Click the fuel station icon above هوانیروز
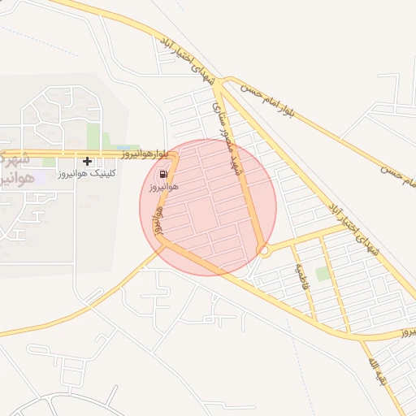pyautogui.click(x=164, y=174)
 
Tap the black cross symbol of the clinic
pyautogui.click(x=87, y=161)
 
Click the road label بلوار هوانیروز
pyautogui.click(x=145, y=153)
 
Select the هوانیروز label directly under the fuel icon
pyautogui.click(x=163, y=187)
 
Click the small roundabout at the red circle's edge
pyautogui.click(x=263, y=251)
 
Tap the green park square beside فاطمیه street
pyautogui.click(x=323, y=274)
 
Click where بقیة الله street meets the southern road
pyautogui.click(x=379, y=335)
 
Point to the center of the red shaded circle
pyautogui.click(x=208, y=206)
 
